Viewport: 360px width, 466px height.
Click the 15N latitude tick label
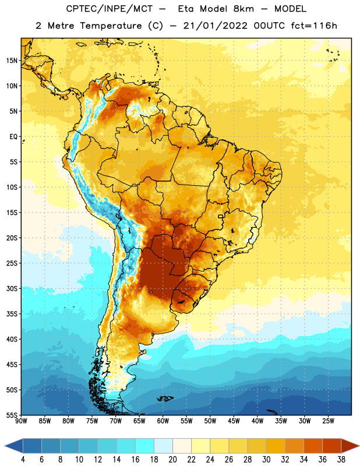click(12, 61)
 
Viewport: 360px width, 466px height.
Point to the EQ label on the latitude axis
click(13, 137)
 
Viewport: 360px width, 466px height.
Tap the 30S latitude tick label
click(12, 288)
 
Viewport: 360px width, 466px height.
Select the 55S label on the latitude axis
click(12, 415)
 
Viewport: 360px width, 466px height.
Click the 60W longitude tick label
click(163, 421)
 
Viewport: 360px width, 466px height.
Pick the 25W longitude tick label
click(328, 421)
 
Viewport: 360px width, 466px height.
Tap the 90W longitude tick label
click(21, 421)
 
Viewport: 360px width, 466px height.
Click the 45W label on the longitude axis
click(234, 421)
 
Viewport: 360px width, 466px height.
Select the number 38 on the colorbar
click(341, 460)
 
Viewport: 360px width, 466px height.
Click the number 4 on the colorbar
click(23, 460)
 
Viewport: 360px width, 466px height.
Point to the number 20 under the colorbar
click(172, 460)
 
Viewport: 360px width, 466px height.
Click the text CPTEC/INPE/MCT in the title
click(109, 9)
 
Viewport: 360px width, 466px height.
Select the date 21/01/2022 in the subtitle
click(215, 26)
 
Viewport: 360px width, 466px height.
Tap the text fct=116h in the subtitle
click(314, 26)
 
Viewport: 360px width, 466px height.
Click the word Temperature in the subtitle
click(111, 26)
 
